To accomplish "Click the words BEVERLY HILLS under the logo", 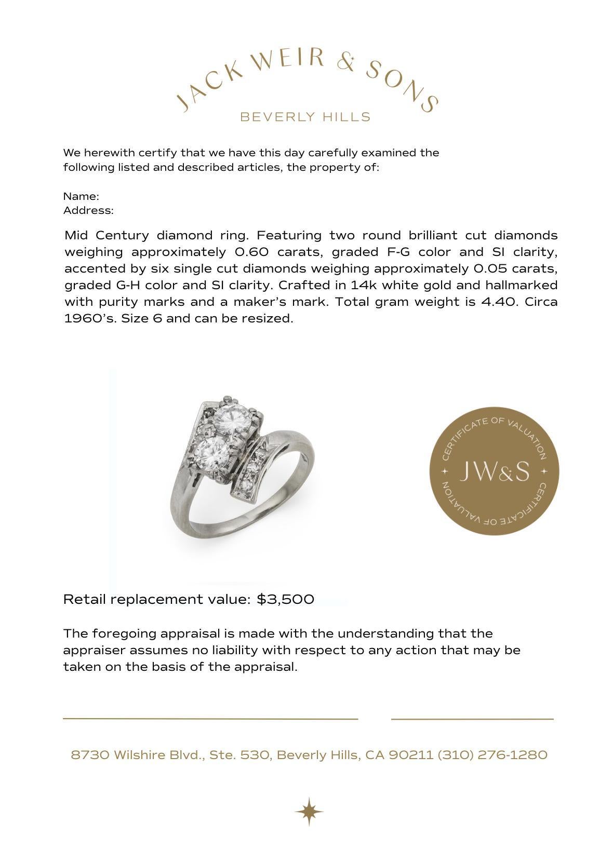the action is pyautogui.click(x=305, y=117).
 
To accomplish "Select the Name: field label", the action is pyautogui.click(x=81, y=196).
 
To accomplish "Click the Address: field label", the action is pyautogui.click(x=88, y=210).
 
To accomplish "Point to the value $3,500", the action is pyautogui.click(x=285, y=599).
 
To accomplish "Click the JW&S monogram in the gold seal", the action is pyautogui.click(x=494, y=471).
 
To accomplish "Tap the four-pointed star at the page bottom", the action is pyautogui.click(x=309, y=811).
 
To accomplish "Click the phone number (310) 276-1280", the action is pyautogui.click(x=492, y=754).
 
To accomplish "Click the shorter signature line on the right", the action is pyautogui.click(x=472, y=719).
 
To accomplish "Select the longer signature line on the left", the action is pyautogui.click(x=210, y=719).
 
